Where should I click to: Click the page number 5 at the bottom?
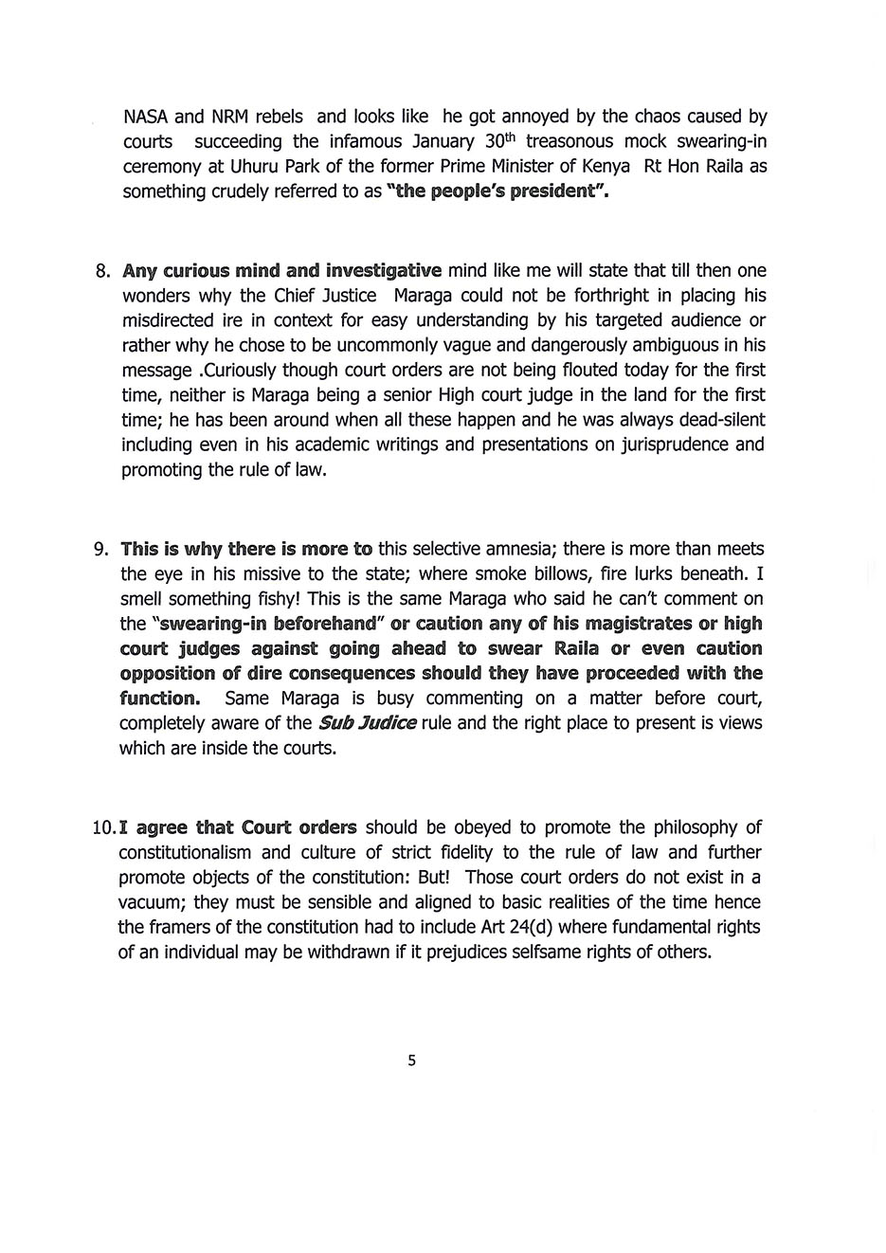411,1061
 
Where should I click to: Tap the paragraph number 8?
103,271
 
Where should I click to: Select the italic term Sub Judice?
367,723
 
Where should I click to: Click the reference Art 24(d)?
526,927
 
